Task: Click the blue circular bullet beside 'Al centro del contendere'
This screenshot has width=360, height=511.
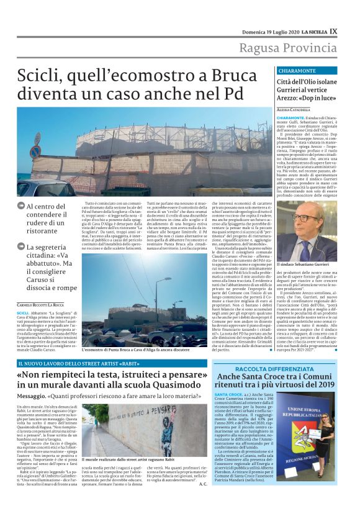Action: (x=21, y=206)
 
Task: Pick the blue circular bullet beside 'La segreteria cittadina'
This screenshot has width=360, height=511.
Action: (x=21, y=247)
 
